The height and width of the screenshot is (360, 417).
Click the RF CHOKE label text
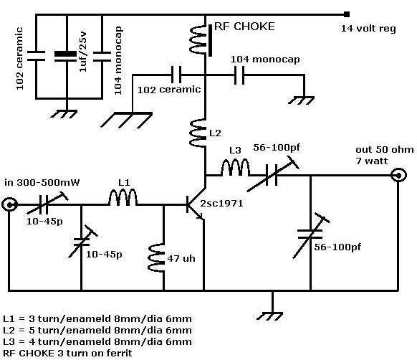click(244, 27)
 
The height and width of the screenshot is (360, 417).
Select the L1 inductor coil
click(123, 197)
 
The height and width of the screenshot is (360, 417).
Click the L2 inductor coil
click(198, 133)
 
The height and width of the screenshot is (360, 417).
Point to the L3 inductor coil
click(235, 167)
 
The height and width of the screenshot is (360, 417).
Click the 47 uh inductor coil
click(156, 257)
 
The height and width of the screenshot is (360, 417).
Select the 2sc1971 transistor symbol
click(196, 204)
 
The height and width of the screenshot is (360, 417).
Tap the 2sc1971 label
click(221, 204)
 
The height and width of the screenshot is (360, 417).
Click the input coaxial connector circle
click(10, 205)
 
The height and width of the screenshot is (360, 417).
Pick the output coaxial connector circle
click(398, 176)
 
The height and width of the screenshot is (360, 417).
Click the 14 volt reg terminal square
click(347, 14)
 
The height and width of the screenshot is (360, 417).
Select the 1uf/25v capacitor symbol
click(65, 57)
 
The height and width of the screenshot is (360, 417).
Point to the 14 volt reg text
click(368, 29)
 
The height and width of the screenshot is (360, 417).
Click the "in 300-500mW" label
click(42, 183)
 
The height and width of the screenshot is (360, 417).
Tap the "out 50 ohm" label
click(385, 149)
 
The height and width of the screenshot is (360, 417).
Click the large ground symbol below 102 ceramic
click(127, 120)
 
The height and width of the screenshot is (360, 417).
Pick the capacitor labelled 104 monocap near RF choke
click(239, 75)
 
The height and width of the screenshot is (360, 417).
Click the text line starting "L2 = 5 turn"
click(97, 331)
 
